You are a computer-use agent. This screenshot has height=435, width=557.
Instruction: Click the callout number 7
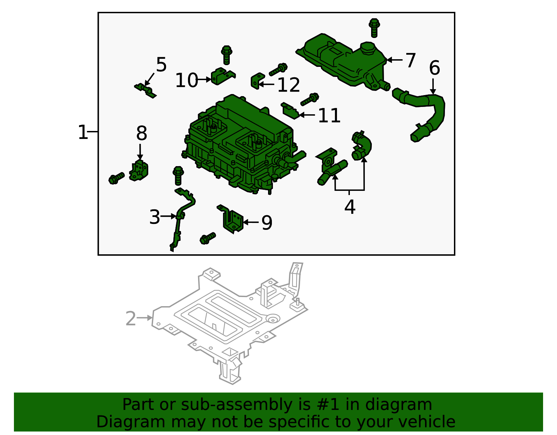click(x=410, y=60)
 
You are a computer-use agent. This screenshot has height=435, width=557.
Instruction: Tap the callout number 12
click(x=288, y=85)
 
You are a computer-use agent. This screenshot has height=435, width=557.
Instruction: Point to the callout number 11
click(x=329, y=115)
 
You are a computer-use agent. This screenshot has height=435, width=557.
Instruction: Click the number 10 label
click(x=186, y=80)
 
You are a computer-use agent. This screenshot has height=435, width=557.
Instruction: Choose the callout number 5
click(x=161, y=64)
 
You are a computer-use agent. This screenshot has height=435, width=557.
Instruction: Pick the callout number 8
click(x=141, y=133)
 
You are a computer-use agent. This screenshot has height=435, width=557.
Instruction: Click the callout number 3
click(x=155, y=217)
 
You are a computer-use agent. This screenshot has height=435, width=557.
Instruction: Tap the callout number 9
click(x=267, y=223)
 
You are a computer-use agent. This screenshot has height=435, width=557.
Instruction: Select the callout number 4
click(x=350, y=207)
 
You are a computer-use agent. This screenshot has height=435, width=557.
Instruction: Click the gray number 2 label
click(x=131, y=318)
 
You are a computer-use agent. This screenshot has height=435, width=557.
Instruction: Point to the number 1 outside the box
click(x=83, y=132)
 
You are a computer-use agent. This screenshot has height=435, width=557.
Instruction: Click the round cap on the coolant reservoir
click(x=367, y=48)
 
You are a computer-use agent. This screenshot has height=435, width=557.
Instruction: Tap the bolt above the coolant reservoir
click(x=374, y=28)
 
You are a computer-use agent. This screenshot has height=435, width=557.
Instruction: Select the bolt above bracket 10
click(x=227, y=55)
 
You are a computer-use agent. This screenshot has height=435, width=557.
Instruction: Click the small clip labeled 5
click(x=145, y=90)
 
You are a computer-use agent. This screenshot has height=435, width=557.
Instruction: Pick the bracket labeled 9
click(x=231, y=219)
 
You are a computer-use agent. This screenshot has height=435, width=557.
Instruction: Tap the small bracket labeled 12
click(x=257, y=81)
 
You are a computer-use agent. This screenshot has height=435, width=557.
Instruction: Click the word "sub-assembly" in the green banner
click(x=236, y=404)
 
